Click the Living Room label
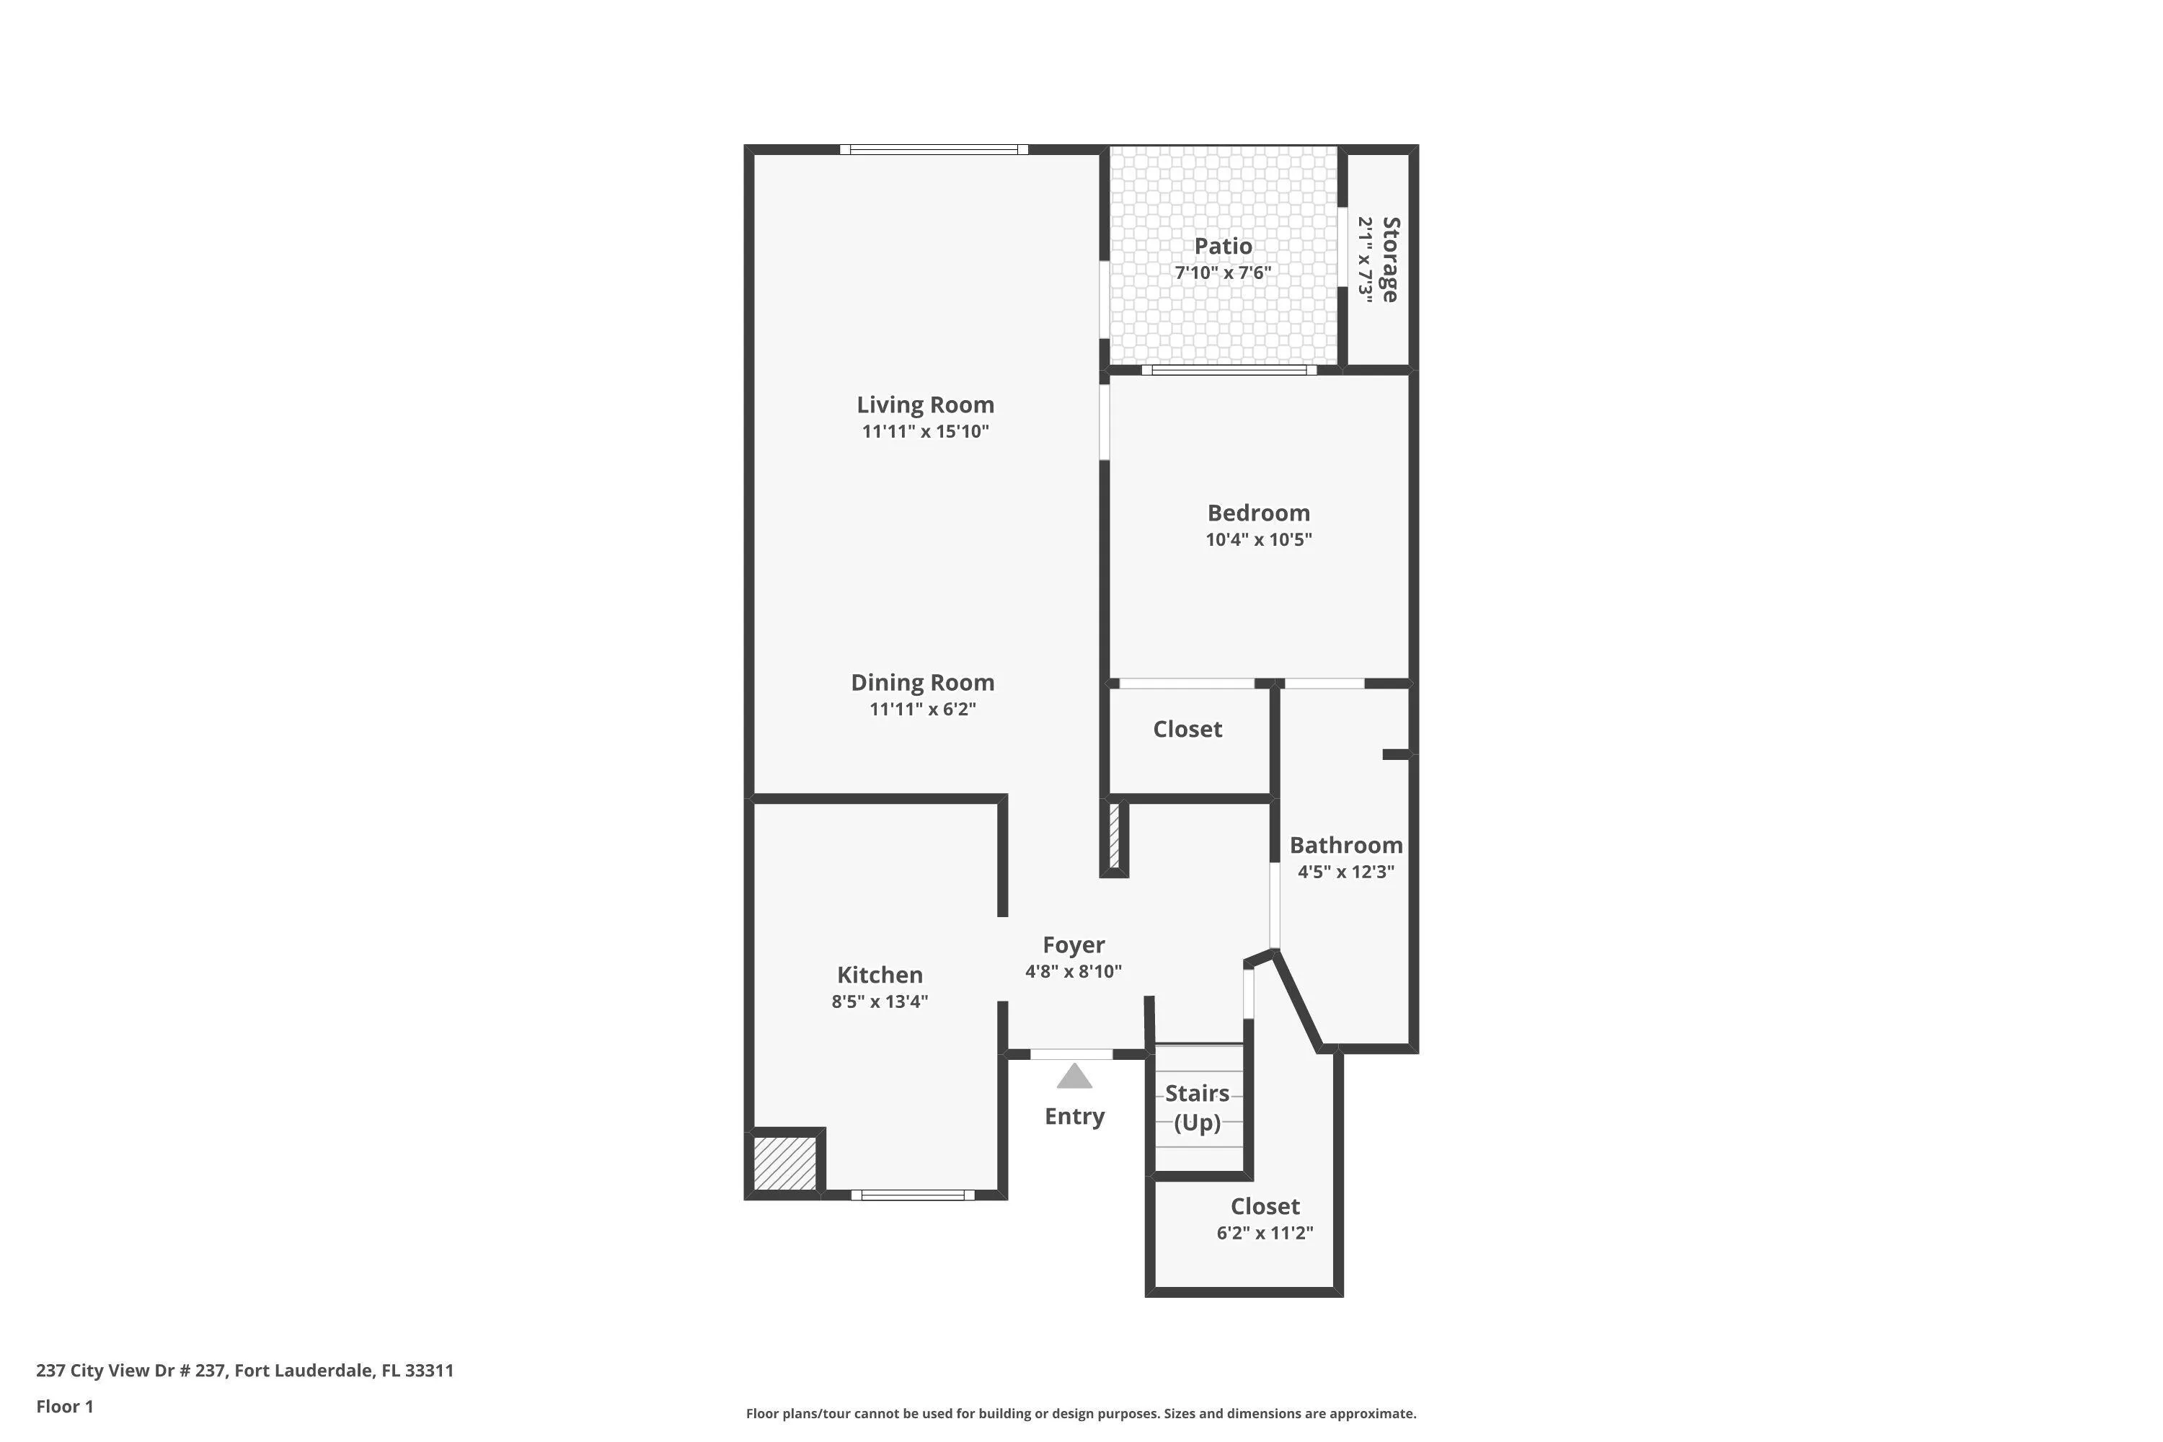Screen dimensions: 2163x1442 pyautogui.click(x=925, y=404)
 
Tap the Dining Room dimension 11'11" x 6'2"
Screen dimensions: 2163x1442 pyautogui.click(x=922, y=709)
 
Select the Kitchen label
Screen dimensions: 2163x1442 pyautogui.click(x=879, y=975)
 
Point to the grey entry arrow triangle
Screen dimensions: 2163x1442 pyautogui.click(x=1074, y=1076)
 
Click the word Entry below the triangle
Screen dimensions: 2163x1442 pyautogui.click(x=1074, y=1116)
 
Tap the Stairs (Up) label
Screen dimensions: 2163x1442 pyautogui.click(x=1198, y=1107)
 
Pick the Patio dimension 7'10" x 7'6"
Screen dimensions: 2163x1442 pyautogui.click(x=1223, y=273)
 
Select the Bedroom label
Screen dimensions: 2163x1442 pyautogui.click(x=1258, y=513)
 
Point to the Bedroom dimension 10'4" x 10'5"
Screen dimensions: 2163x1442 pyautogui.click(x=1258, y=540)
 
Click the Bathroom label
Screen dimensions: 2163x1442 pyautogui.click(x=1346, y=845)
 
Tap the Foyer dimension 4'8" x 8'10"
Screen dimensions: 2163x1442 pyautogui.click(x=1074, y=971)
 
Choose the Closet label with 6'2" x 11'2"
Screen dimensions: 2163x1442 pyautogui.click(x=1265, y=1206)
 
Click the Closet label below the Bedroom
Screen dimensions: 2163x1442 pyautogui.click(x=1187, y=729)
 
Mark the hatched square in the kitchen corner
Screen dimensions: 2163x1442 pyautogui.click(x=784, y=1164)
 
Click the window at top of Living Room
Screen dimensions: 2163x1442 pyautogui.click(x=934, y=149)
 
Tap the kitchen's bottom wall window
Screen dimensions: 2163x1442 pyautogui.click(x=912, y=1195)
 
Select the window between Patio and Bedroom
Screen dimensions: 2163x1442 pyautogui.click(x=1229, y=370)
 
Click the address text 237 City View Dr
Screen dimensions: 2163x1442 pyautogui.click(x=131, y=1371)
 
